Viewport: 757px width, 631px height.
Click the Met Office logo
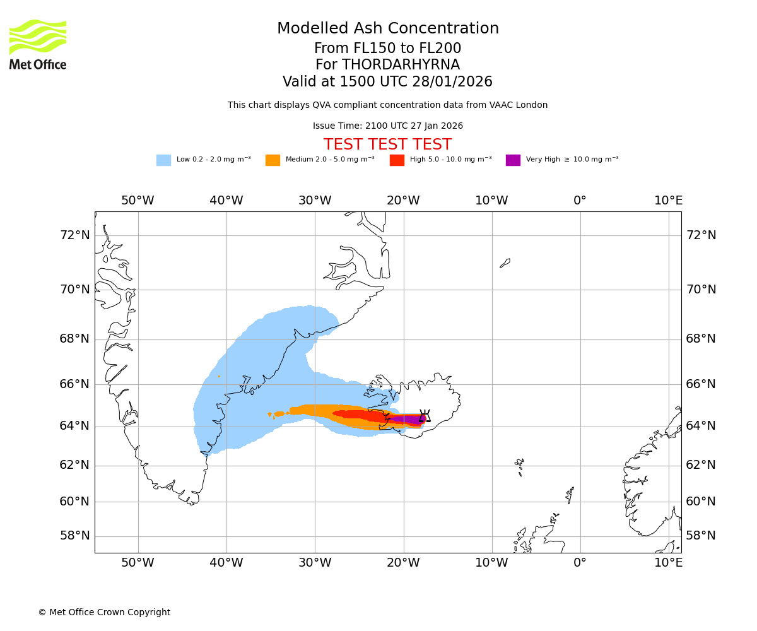(38, 44)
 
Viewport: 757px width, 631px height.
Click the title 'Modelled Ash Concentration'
(388, 28)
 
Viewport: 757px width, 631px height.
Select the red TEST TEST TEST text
(387, 144)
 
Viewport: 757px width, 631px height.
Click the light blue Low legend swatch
(163, 160)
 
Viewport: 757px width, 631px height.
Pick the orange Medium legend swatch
(273, 160)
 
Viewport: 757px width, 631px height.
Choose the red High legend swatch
(397, 160)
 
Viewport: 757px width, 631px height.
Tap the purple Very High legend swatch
(513, 160)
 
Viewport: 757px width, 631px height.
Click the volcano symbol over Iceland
(425, 416)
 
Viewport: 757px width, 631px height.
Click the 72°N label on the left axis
(74, 235)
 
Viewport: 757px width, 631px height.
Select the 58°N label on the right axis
(701, 536)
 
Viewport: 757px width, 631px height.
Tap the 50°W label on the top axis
(138, 201)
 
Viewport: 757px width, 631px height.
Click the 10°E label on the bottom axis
(668, 562)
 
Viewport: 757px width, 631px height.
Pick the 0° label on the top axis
(580, 201)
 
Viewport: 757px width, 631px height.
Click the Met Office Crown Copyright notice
(104, 612)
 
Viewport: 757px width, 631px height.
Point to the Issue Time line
(387, 126)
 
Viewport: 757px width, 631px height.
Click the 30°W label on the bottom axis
(315, 562)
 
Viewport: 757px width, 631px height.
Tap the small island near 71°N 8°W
(505, 263)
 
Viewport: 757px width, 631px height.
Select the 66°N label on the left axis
(74, 384)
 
